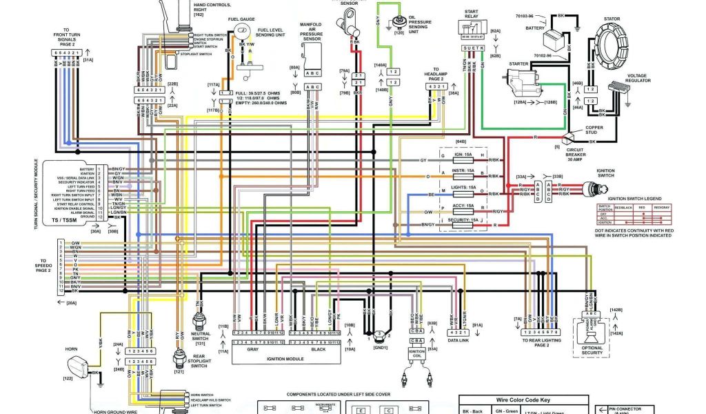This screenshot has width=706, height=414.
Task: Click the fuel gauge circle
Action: point(242,32)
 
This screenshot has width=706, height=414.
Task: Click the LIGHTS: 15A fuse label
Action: point(463,187)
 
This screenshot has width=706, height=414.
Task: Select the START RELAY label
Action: point(472,14)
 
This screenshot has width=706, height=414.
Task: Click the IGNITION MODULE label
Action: point(284,358)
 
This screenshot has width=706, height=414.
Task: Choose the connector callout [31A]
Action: point(88,61)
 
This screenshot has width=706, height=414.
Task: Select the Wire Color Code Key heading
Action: point(523,400)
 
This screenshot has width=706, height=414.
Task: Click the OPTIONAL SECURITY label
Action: point(592,351)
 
